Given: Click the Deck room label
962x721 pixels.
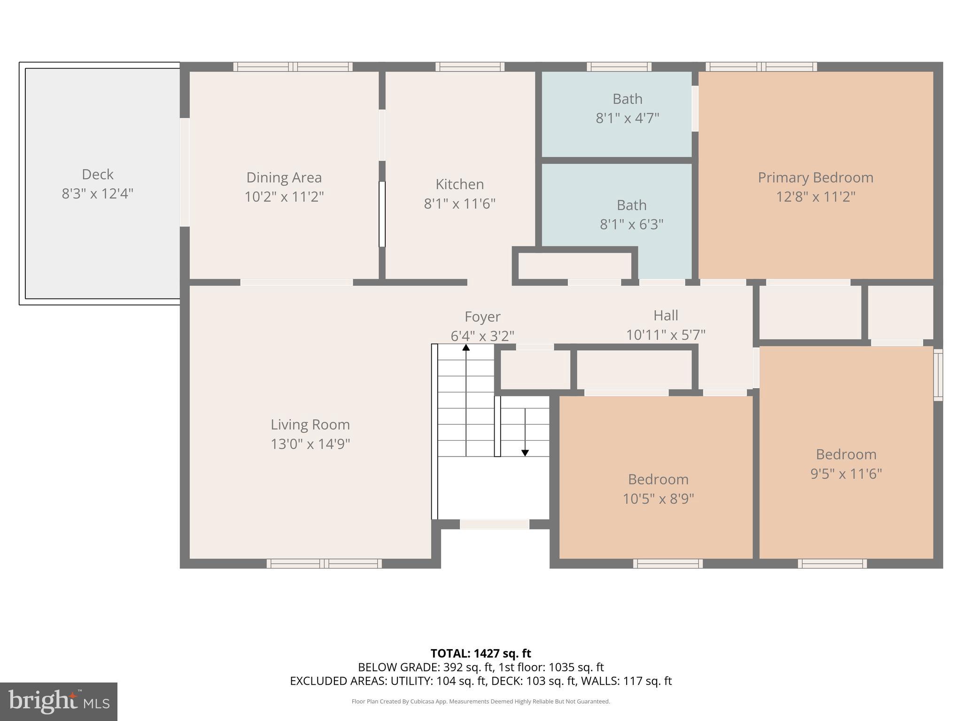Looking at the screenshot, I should point(98,175).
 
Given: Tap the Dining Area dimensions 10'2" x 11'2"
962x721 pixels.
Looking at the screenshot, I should point(284,197).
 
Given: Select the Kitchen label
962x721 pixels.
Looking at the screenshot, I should point(459,184).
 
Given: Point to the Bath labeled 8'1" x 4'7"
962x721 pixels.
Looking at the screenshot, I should point(627,108).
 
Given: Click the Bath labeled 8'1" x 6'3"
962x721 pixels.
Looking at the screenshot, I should point(631,215).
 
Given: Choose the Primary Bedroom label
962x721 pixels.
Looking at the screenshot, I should point(815,177).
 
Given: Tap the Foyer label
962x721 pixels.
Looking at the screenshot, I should point(482,317).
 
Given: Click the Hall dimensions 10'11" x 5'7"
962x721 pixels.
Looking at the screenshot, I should point(665,335).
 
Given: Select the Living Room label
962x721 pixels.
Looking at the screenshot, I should point(310,425).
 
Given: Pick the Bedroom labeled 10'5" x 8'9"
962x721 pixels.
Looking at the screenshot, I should point(658,489).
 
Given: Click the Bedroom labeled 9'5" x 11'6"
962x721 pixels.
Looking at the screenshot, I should point(846,464).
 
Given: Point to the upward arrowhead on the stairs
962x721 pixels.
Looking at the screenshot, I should point(466,347).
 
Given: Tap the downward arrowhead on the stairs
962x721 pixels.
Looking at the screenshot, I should point(525,453).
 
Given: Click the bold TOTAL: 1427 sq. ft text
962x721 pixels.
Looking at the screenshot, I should point(481,653).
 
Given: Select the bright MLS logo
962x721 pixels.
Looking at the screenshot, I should point(59,701).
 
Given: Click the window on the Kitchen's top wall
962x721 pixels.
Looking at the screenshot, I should point(470,67).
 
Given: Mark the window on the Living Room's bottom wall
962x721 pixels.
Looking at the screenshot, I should point(324,563).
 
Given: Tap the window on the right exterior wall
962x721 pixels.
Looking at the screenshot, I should point(938,375).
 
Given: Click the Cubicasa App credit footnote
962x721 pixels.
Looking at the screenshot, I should point(481,701).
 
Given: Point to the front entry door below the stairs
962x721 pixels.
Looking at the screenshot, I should point(494,524).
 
